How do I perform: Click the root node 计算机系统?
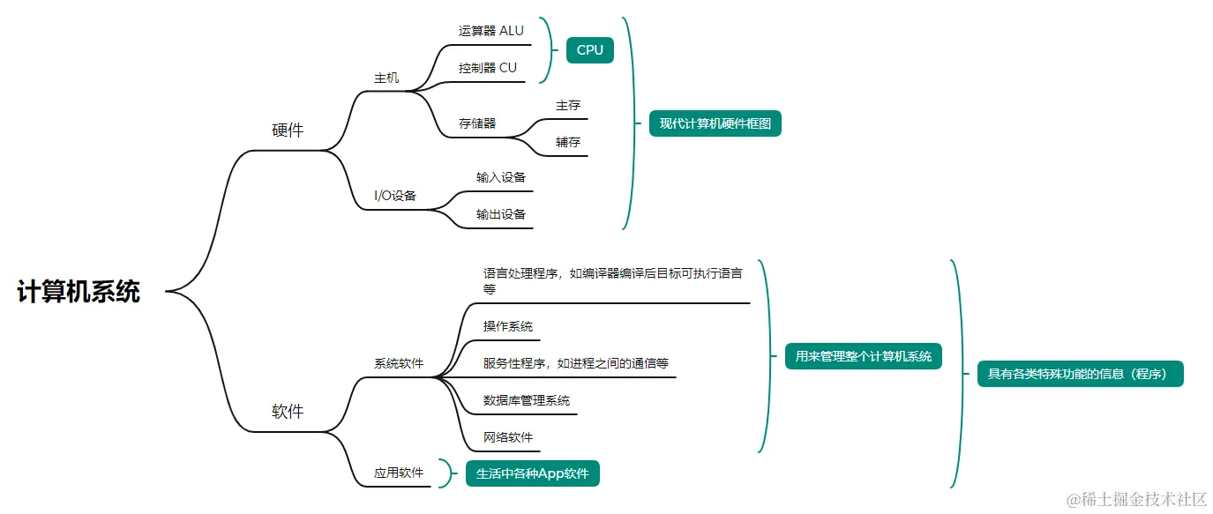point(79,292)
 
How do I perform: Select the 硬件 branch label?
point(288,130)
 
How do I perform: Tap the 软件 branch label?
point(288,411)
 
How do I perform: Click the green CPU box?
point(589,50)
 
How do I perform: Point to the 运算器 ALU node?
point(490,31)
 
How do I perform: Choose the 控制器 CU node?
point(488,68)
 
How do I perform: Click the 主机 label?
point(386,78)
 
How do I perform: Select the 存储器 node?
point(477,123)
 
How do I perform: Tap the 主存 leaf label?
point(568,105)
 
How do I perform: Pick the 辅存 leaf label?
point(568,142)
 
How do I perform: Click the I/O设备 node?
point(395,196)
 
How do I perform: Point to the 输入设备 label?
point(501,177)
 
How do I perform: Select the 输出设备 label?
point(501,214)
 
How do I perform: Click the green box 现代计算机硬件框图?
point(715,123)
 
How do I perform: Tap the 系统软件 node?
point(399,363)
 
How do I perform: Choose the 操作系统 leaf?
point(508,326)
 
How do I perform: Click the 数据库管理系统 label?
point(527,400)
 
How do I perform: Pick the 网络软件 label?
point(508,437)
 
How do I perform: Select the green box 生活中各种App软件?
point(533,473)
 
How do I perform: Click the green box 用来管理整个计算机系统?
point(864,356)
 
